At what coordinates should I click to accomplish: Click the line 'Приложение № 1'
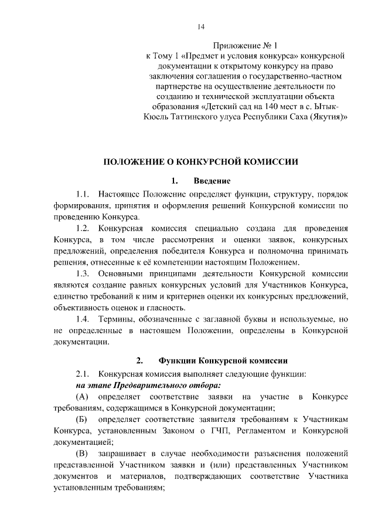247,45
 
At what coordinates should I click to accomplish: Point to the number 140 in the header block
265,107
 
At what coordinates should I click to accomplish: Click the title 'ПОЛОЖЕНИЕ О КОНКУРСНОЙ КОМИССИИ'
201,160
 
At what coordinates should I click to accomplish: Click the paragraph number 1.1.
83,193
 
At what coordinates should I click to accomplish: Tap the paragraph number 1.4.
83,320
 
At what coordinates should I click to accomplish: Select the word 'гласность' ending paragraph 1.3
166,307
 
